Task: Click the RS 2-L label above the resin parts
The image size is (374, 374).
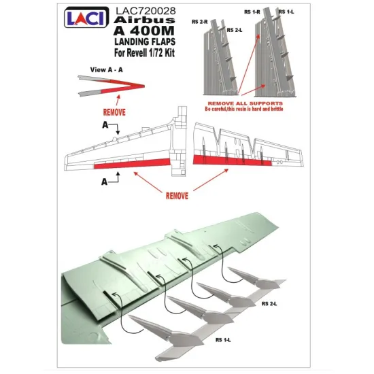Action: point(234,31)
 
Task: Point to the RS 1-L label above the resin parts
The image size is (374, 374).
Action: point(285,13)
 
